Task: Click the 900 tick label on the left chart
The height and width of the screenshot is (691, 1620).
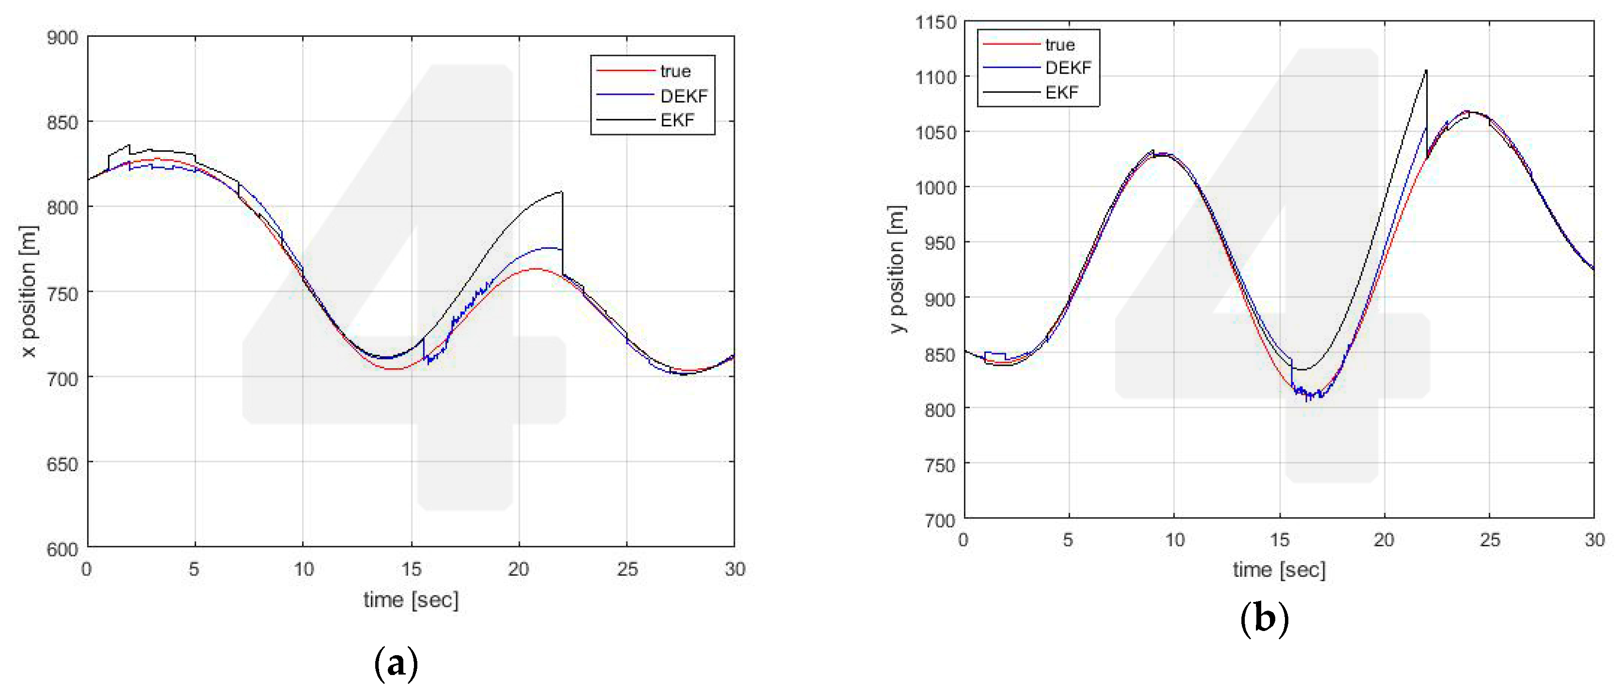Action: coord(62,38)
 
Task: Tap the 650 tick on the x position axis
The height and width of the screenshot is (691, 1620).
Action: coord(62,464)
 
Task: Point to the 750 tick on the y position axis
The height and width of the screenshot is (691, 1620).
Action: coord(940,465)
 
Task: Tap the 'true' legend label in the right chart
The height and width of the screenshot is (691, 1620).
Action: coord(1060,45)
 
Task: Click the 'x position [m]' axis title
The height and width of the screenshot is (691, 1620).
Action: coord(28,292)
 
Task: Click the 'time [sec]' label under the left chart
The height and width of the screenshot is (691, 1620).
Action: coord(411,599)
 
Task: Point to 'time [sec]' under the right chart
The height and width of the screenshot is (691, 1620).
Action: coord(1279,570)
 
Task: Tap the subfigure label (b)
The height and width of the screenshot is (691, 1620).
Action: coord(1265,619)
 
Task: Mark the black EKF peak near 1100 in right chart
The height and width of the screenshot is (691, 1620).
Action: coord(1426,71)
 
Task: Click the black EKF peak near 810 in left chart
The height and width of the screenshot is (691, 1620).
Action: coord(561,192)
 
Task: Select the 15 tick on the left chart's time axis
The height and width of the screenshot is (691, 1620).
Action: coord(411,569)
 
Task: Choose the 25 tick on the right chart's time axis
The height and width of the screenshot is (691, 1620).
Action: coord(1489,540)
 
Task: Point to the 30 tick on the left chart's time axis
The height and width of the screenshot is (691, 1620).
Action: coord(734,569)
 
